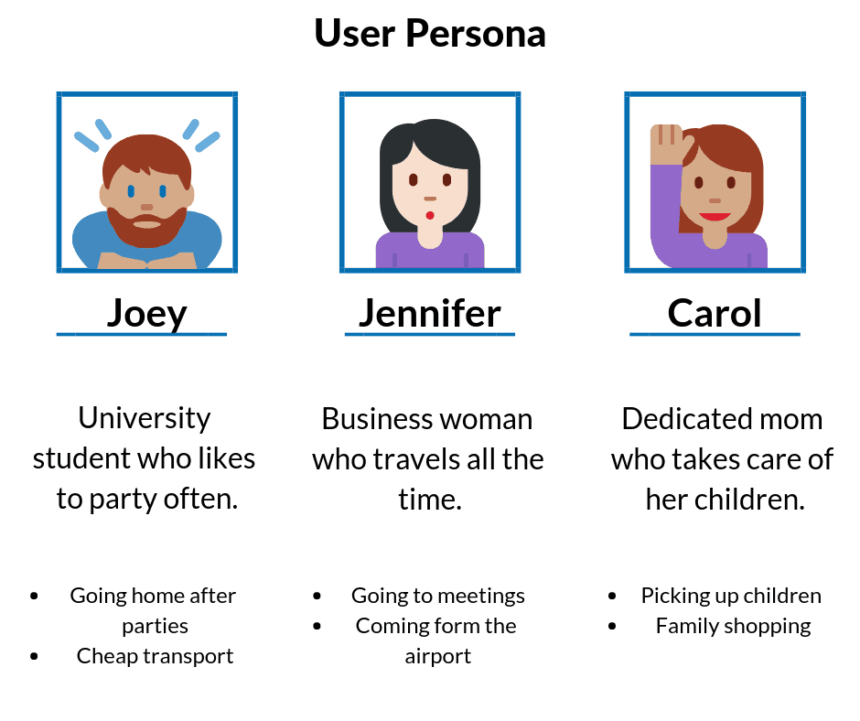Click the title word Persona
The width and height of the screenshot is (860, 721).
click(x=476, y=34)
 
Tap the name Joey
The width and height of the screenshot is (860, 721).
click(x=147, y=315)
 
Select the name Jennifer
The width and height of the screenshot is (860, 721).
click(x=429, y=314)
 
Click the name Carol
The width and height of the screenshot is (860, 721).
click(x=715, y=313)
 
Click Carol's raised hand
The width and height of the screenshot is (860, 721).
click(x=666, y=144)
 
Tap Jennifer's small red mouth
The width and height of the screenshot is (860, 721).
click(x=430, y=215)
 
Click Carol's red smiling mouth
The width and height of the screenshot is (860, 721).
click(x=715, y=216)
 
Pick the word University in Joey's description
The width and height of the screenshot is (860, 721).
click(x=145, y=418)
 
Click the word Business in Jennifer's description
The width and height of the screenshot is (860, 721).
click(x=377, y=419)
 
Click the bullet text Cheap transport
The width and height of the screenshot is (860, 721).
click(x=156, y=656)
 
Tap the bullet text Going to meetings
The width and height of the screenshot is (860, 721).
click(x=438, y=596)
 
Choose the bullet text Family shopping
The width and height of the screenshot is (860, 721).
click(x=734, y=626)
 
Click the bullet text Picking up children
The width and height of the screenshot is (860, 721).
click(x=731, y=596)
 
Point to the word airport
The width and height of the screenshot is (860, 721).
click(x=438, y=657)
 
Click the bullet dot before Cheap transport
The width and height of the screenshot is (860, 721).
click(x=35, y=656)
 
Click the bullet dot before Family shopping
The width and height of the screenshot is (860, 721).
click(x=612, y=626)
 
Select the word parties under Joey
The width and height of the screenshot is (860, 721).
click(x=156, y=627)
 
